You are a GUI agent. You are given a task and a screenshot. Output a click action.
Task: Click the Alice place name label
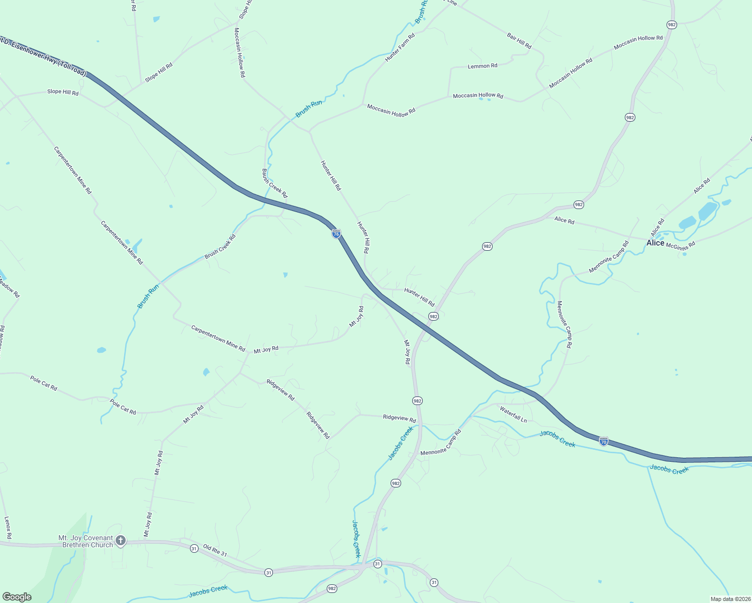(x=655, y=243)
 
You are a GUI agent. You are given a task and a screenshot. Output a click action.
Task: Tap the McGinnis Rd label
(x=680, y=245)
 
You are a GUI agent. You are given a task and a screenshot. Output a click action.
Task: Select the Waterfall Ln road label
(x=513, y=415)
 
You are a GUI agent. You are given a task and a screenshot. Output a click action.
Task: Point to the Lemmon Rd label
(x=482, y=66)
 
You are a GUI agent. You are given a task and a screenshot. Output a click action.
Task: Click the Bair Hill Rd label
(x=519, y=41)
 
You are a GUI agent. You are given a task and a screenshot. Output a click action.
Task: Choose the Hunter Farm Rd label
(x=400, y=47)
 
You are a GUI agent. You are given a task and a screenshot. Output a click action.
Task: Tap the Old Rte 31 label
(x=215, y=550)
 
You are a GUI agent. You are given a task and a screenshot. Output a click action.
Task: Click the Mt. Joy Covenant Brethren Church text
(x=85, y=541)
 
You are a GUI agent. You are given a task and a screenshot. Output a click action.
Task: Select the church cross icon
(x=120, y=541)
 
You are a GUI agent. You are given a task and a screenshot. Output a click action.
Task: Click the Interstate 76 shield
(x=336, y=234)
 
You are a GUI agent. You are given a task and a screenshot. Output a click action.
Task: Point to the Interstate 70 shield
(x=604, y=441)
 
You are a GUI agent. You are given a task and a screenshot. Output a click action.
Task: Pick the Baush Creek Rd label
(x=274, y=183)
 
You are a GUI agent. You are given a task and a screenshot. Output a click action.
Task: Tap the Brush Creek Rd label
(x=220, y=247)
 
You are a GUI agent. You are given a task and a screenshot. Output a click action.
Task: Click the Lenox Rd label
(x=8, y=528)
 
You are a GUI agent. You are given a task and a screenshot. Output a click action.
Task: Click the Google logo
(x=17, y=597)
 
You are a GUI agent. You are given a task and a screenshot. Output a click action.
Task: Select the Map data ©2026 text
(x=729, y=599)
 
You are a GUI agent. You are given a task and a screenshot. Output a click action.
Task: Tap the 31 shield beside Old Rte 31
(x=194, y=549)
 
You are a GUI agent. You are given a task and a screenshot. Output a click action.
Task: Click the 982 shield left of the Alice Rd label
(x=579, y=205)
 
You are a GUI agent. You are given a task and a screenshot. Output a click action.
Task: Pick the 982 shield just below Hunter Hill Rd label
(x=433, y=316)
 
